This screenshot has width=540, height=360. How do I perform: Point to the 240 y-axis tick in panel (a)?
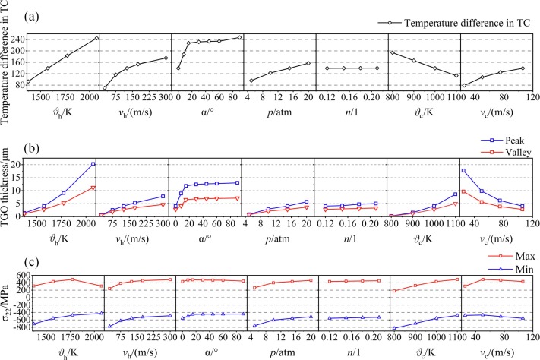click(x=14, y=38)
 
